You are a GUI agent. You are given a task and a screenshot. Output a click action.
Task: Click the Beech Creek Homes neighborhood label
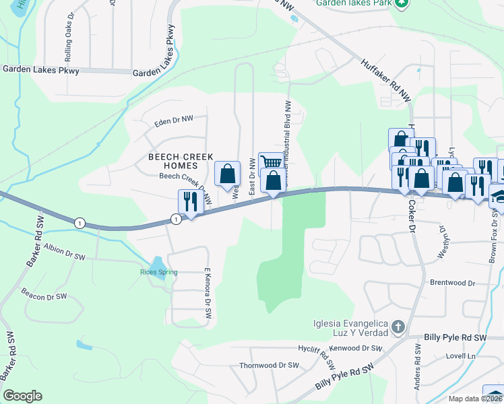[x=173, y=160]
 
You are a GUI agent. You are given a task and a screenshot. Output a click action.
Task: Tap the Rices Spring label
[x=158, y=272]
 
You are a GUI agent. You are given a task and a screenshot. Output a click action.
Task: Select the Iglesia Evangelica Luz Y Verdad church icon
[x=398, y=328]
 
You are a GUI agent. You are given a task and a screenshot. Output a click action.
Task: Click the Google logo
[x=22, y=396]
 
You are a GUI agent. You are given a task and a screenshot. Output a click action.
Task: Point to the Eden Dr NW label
[x=174, y=121]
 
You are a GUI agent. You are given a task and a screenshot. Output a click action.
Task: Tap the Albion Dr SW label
[x=64, y=252]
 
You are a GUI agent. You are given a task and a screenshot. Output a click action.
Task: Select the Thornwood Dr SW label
[x=269, y=366]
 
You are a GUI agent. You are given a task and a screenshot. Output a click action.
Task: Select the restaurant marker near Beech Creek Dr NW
[x=190, y=201]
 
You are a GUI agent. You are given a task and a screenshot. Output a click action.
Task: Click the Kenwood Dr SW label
[x=359, y=348]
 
